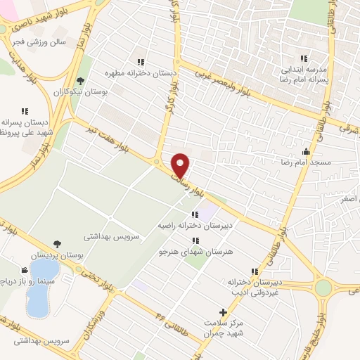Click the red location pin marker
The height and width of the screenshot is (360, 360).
tap(181, 165)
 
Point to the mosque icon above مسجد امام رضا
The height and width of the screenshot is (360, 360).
tap(306, 151)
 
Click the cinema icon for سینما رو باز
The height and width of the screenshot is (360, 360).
tap(25, 270)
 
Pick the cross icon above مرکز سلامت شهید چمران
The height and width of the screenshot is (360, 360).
tap(223, 311)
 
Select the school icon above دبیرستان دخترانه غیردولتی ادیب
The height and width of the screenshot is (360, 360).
tap(254, 271)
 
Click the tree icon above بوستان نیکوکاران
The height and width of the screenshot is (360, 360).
tap(80, 81)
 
